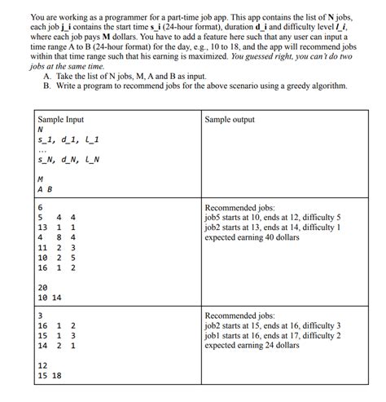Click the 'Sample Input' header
(x=61, y=119)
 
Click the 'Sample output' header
(x=230, y=119)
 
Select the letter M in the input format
(x=41, y=179)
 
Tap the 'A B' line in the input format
(x=46, y=190)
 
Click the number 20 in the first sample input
(x=42, y=287)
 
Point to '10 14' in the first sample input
(x=50, y=298)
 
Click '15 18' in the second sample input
(x=50, y=376)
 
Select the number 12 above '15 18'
(x=42, y=366)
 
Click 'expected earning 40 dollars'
(x=252, y=237)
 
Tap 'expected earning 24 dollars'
(x=252, y=344)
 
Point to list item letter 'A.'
(x=49, y=75)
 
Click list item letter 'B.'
(x=49, y=85)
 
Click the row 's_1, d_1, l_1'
(x=64, y=140)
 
